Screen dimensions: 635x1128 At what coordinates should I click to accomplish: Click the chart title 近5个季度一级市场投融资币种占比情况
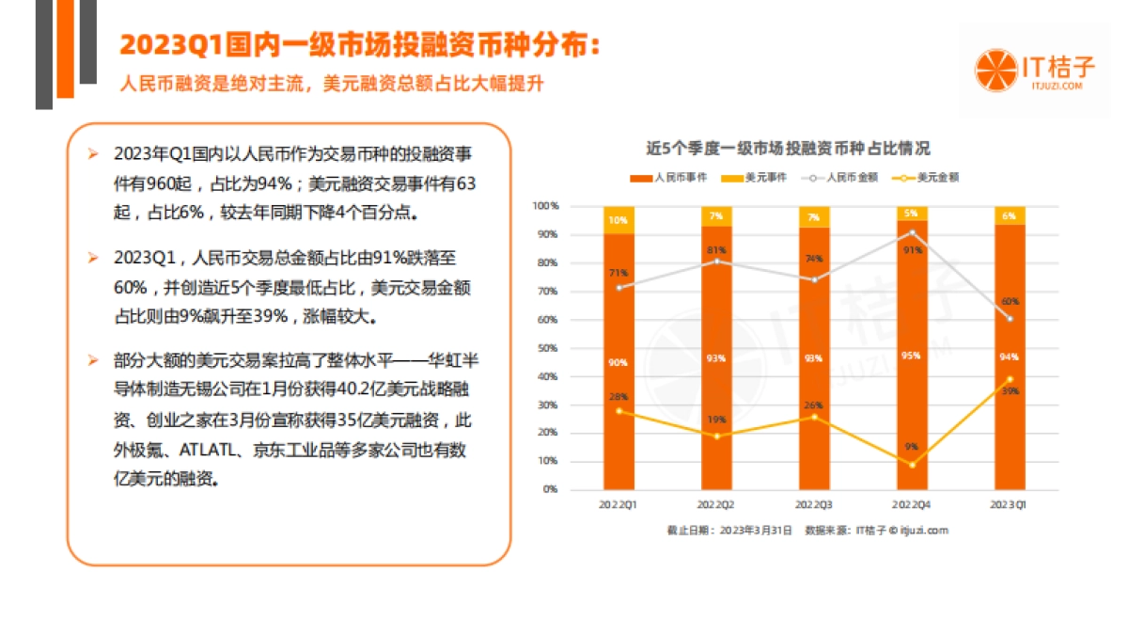[x=788, y=149]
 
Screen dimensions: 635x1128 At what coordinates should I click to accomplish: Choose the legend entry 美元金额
[x=932, y=177]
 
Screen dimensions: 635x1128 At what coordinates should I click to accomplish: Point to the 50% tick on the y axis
[x=545, y=348]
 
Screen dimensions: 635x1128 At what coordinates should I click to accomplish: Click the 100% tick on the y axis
[x=545, y=205]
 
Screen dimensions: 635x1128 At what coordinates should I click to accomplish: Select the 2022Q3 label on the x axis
[x=814, y=505]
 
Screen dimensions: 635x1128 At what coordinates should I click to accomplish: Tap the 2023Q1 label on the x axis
[x=1010, y=505]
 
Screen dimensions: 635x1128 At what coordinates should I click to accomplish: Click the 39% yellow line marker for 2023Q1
[x=1010, y=379]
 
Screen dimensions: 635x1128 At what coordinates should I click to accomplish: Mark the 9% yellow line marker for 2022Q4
[x=912, y=465]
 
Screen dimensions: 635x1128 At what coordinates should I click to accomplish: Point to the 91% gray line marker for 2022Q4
[x=912, y=232]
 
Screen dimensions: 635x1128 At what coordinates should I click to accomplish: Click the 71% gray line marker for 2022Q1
[x=619, y=288]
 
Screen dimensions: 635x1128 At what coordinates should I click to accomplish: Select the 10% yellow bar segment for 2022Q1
[x=619, y=220]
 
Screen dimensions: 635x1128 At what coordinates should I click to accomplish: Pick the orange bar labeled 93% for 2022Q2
[x=716, y=357]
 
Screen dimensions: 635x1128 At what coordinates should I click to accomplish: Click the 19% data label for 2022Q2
[x=716, y=420]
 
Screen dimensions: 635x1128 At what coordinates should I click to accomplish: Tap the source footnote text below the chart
[x=807, y=531]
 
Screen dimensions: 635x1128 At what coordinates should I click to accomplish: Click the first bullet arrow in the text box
[x=92, y=153]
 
